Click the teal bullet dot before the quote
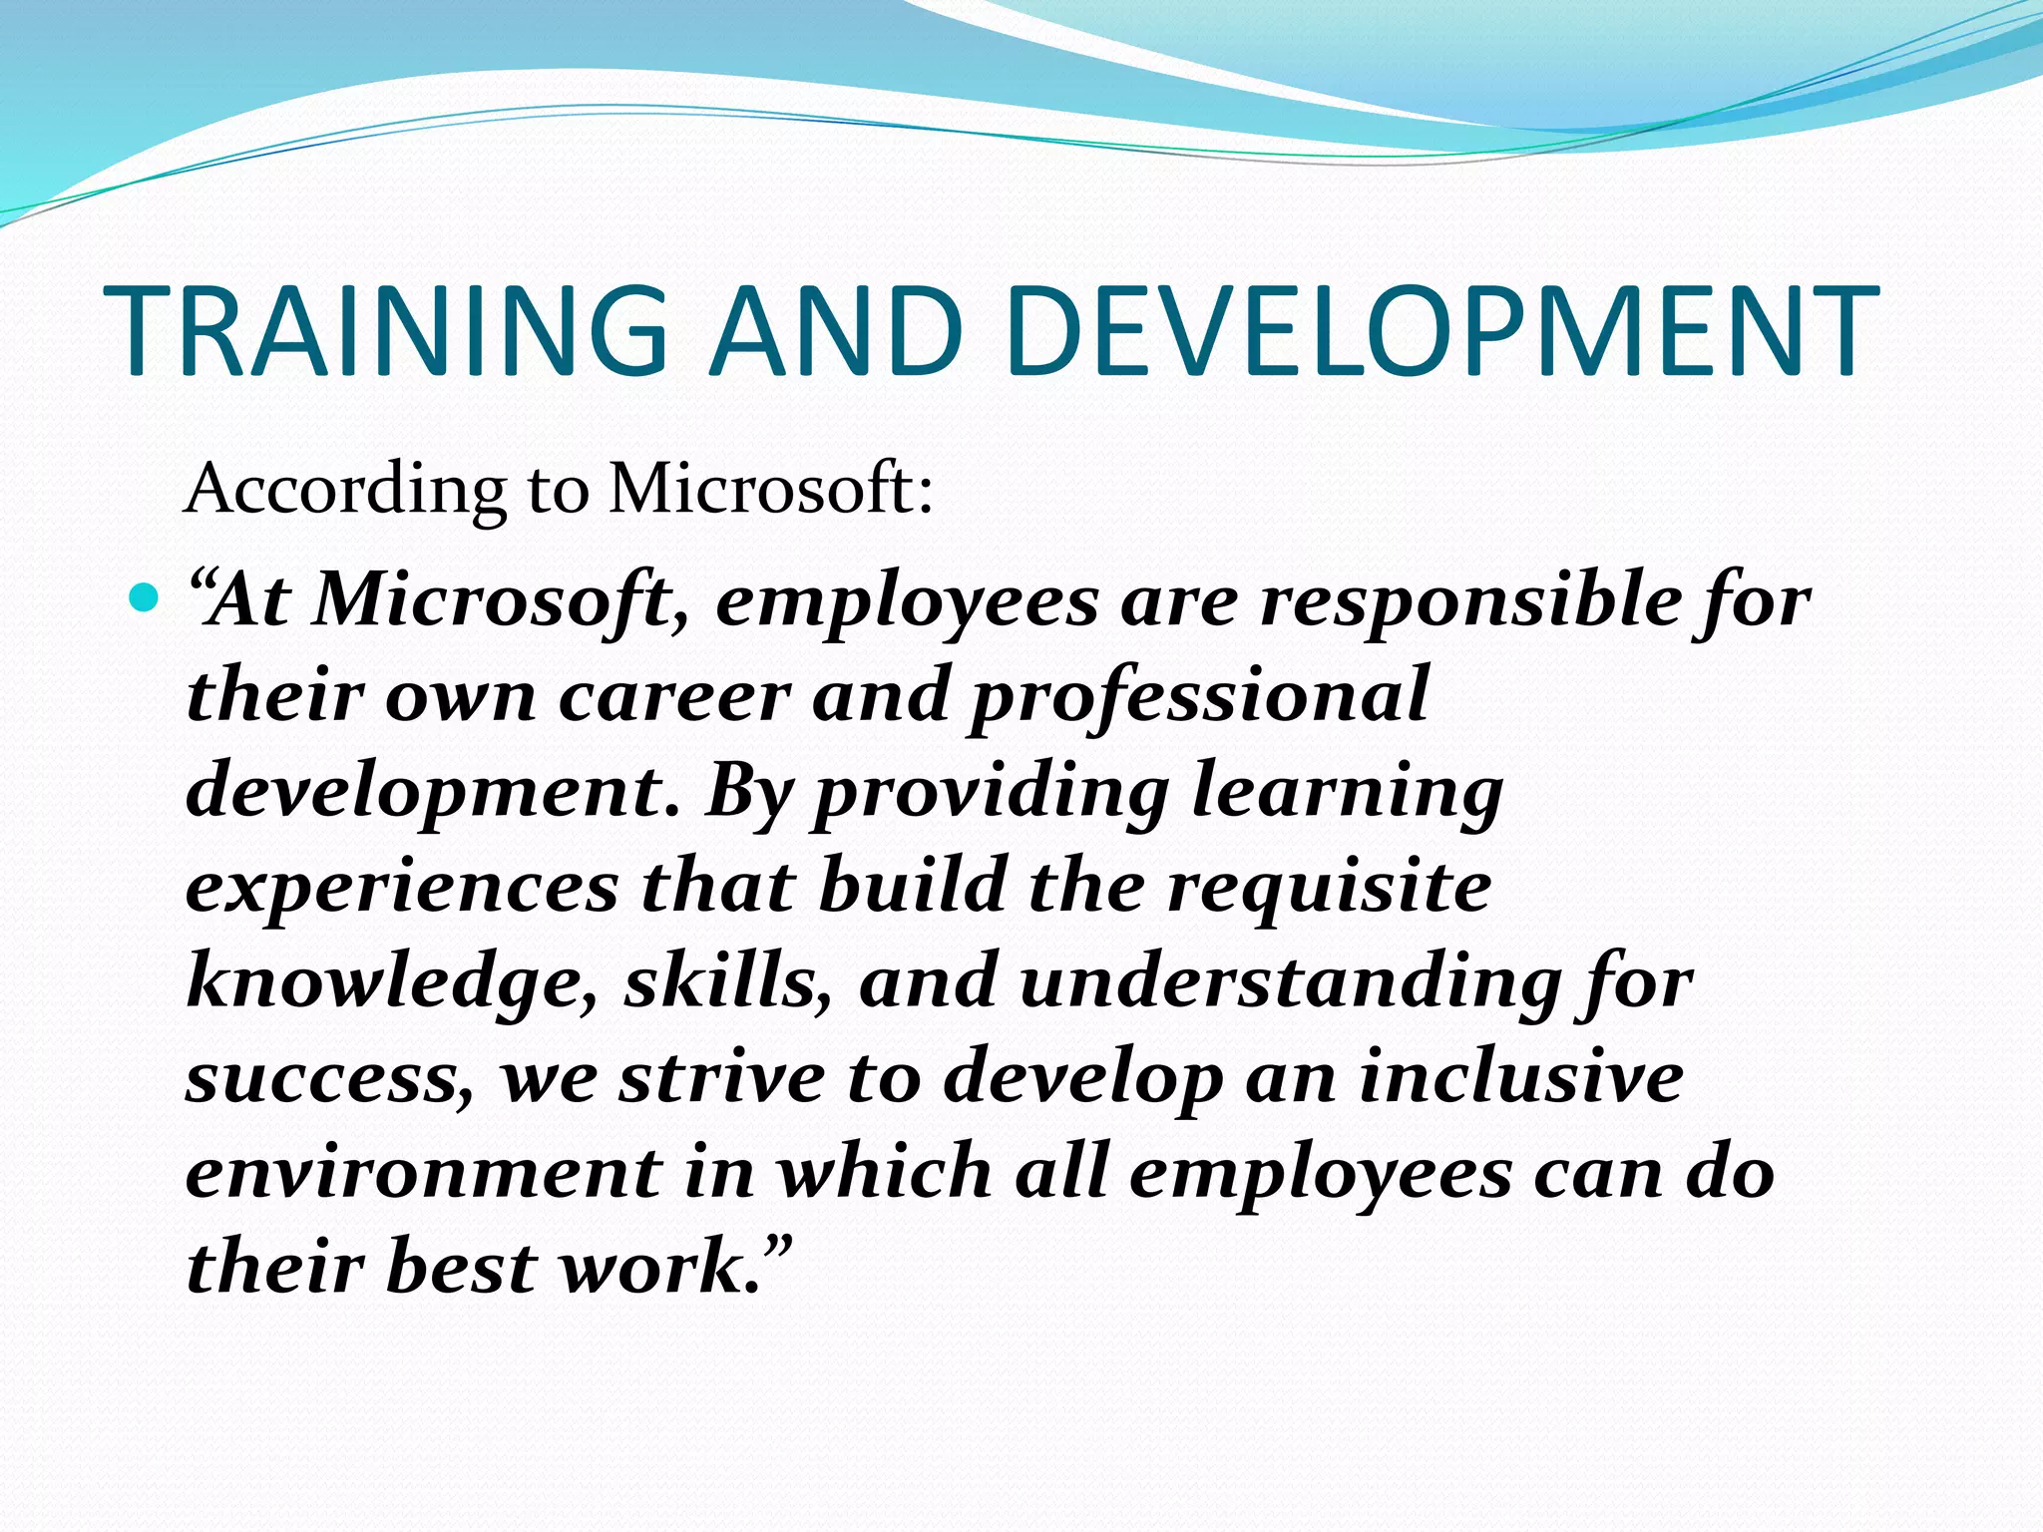tap(145, 598)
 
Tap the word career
tap(674, 696)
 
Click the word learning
tap(1348, 794)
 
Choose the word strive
tap(721, 1077)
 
